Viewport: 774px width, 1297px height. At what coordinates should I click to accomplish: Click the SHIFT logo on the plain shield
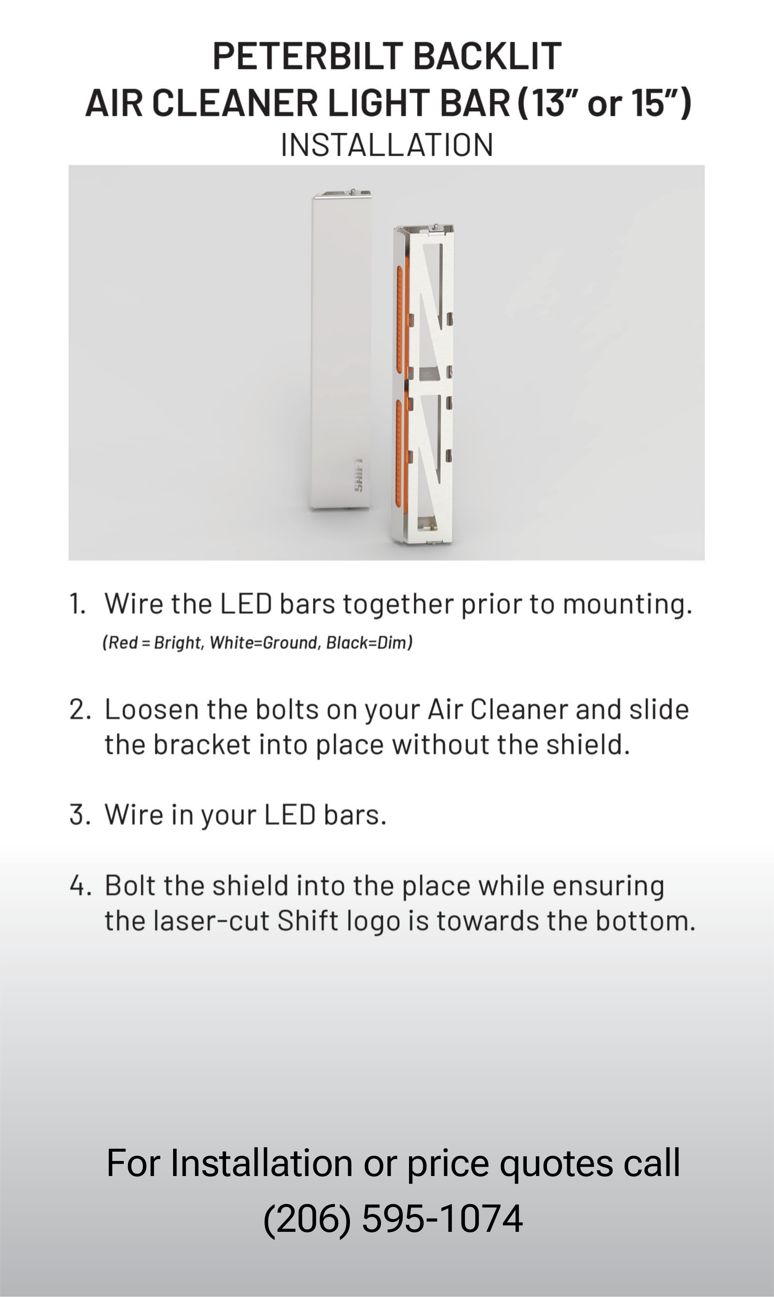(x=358, y=475)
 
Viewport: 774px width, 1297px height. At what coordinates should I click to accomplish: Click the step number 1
(x=77, y=604)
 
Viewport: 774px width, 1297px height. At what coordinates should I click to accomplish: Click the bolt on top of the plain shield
(x=353, y=192)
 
